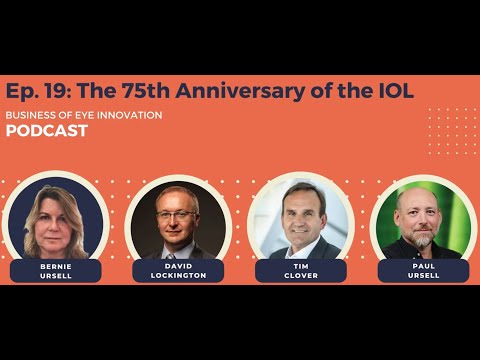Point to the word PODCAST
coord(46,131)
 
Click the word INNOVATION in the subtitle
coord(127,115)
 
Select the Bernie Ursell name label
coord(56,271)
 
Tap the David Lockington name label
coord(179,271)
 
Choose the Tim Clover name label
coord(300,271)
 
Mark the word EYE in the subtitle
coord(80,115)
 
